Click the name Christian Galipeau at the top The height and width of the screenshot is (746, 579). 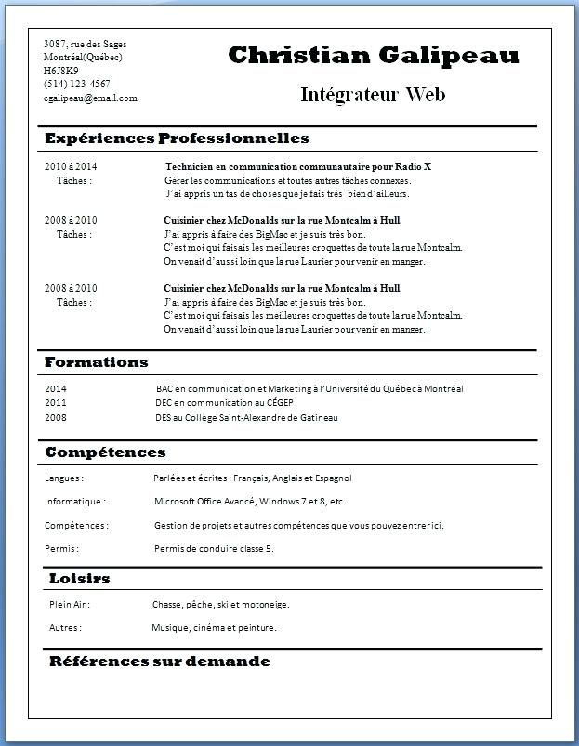click(374, 56)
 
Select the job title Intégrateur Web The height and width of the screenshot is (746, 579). click(374, 94)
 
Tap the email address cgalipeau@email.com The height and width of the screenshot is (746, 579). click(90, 98)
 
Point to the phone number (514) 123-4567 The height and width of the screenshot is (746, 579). click(76, 84)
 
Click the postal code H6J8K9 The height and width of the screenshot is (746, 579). click(61, 71)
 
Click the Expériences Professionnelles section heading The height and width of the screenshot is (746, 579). click(177, 138)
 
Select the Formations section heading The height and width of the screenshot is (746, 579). click(97, 361)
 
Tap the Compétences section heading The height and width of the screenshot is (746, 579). click(105, 452)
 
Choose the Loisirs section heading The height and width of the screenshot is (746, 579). click(80, 579)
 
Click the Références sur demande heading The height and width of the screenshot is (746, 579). click(159, 661)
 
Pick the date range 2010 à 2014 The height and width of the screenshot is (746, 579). click(71, 166)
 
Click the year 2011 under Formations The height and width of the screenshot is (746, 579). click(56, 403)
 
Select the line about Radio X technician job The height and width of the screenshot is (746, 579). click(297, 166)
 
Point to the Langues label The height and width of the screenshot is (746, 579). click(64, 478)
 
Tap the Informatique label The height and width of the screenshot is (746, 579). click(74, 502)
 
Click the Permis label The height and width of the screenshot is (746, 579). click(61, 549)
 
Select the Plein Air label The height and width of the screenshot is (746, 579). click(70, 605)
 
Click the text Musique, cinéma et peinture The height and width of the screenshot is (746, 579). click(214, 628)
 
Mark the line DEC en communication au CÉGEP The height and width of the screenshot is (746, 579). click(224, 403)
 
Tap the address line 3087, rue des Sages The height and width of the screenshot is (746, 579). click(86, 44)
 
